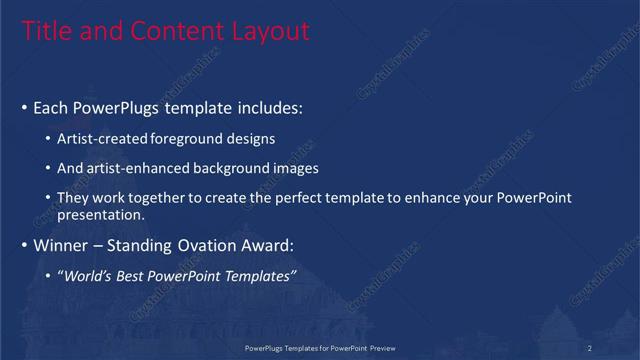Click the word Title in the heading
pos(45,32)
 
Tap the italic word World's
pos(87,276)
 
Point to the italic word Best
pos(131,276)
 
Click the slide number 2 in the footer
pos(590,347)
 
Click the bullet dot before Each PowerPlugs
pos(24,107)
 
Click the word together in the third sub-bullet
pos(171,198)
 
